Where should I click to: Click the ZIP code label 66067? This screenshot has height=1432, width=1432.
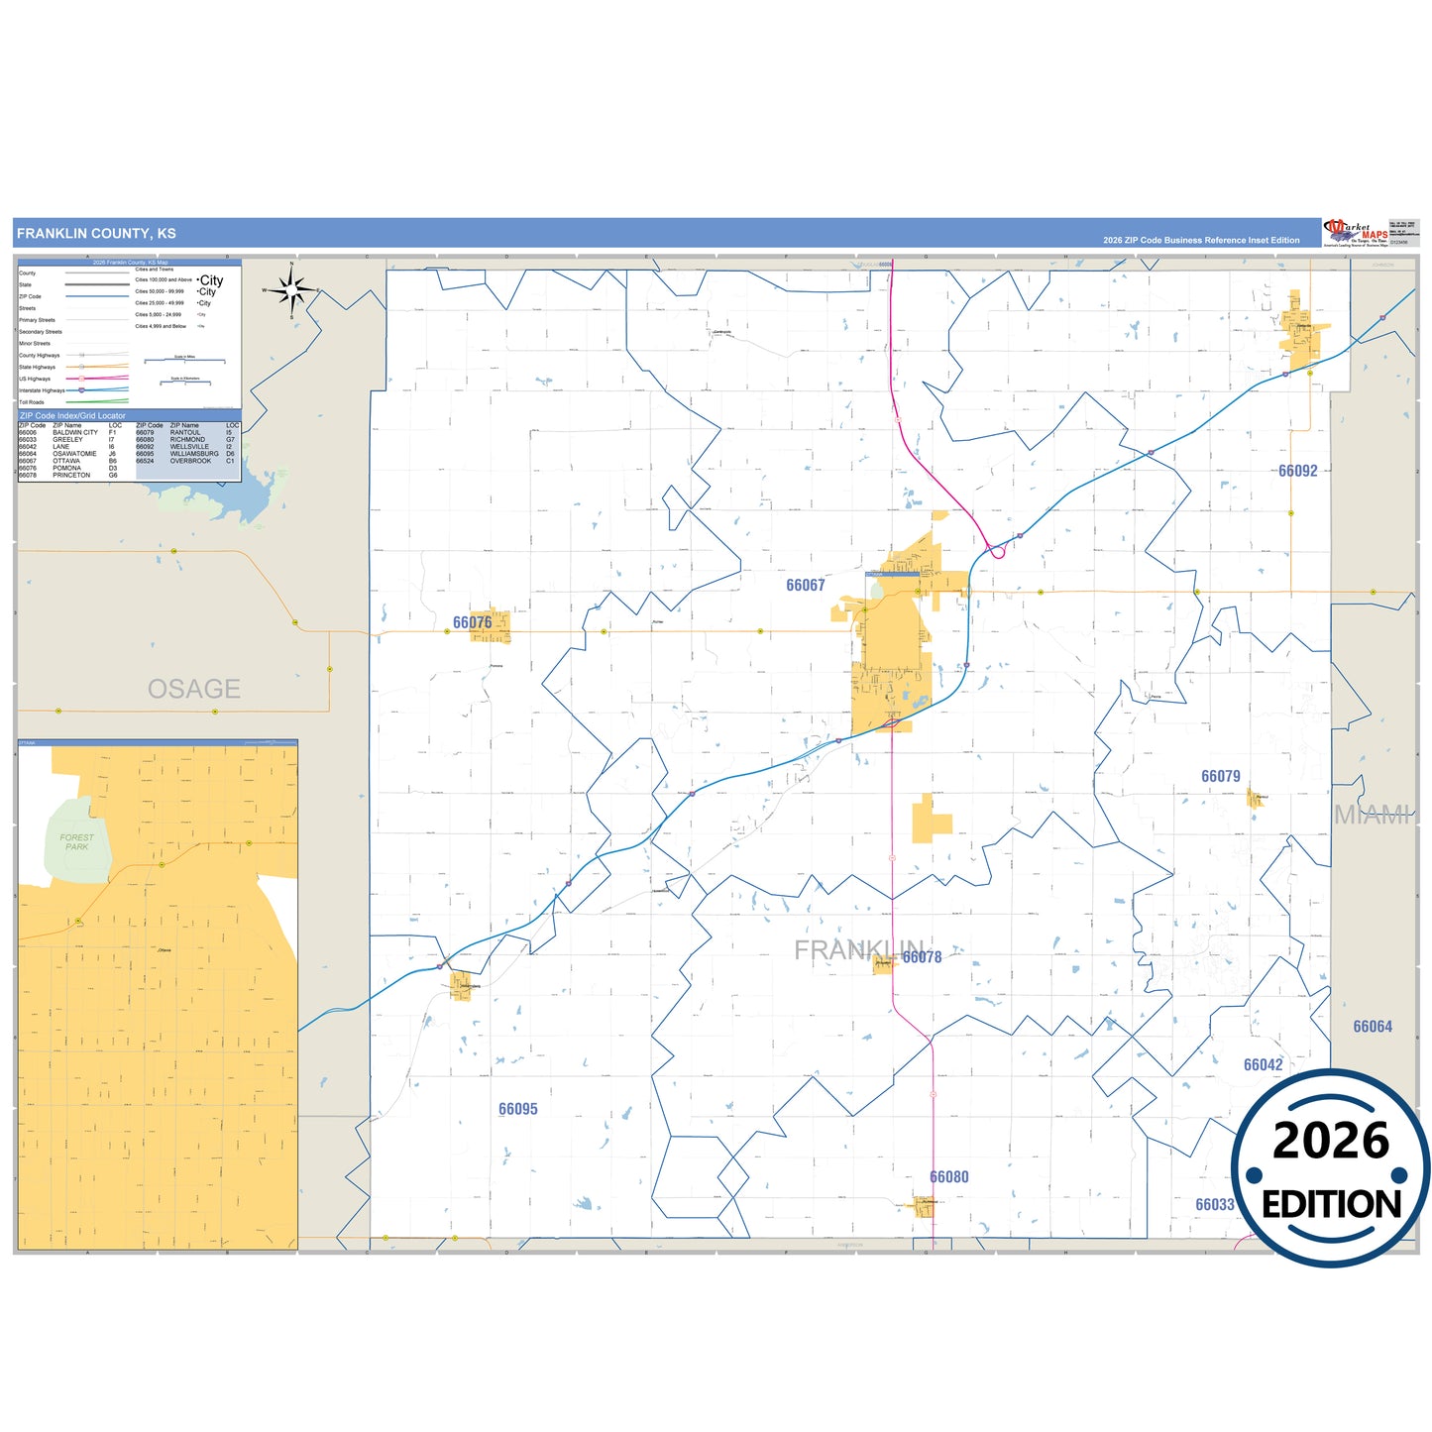(805, 586)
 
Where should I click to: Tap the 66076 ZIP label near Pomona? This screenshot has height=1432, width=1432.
(472, 622)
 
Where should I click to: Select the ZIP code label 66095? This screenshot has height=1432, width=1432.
(517, 1109)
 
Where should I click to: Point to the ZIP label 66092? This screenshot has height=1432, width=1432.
(1297, 471)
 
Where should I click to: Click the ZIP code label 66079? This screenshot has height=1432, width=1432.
(1220, 776)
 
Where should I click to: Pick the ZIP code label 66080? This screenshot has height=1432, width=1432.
(948, 1177)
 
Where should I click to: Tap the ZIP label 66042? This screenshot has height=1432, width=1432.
(1263, 1064)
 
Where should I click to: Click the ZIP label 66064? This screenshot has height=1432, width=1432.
(1373, 1027)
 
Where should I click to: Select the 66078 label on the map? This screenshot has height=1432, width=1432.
(922, 957)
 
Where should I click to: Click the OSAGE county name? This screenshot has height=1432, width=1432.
(194, 689)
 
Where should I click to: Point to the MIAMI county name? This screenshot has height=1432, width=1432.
(1372, 815)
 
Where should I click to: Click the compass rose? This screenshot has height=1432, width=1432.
(291, 290)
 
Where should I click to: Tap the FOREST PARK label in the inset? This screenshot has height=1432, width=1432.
(76, 842)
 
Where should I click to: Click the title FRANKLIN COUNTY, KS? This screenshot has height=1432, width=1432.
(96, 234)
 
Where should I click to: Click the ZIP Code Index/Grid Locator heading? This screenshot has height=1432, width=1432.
(72, 416)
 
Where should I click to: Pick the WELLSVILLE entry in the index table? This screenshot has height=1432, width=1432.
(189, 447)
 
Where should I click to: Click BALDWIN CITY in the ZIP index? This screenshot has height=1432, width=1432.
(75, 433)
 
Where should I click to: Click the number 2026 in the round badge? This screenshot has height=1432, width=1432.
(1330, 1141)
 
